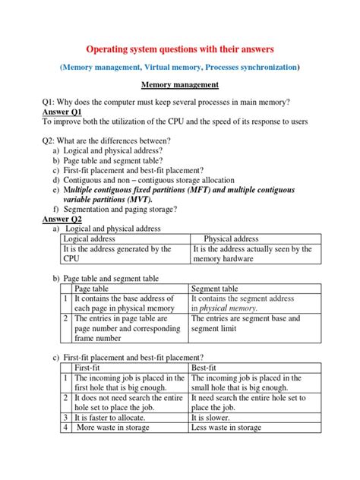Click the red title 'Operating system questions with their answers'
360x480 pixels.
180,49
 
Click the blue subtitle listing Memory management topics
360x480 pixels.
180,68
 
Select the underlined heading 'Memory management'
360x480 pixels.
180,85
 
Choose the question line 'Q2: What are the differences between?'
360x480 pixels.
106,140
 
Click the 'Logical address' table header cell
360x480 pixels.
90,238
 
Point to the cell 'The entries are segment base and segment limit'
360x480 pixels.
254,324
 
